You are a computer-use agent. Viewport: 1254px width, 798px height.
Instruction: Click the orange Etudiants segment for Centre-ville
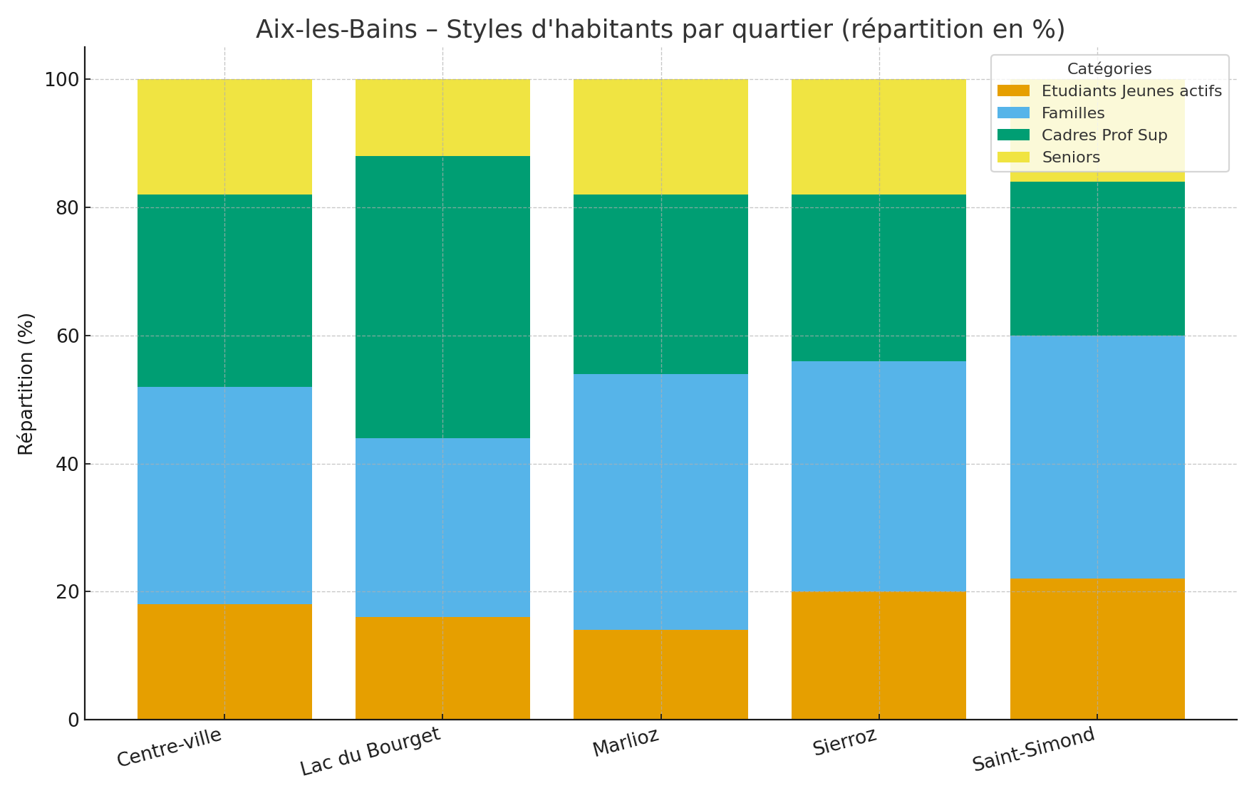224,661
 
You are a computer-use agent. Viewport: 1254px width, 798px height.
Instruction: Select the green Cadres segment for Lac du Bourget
442,296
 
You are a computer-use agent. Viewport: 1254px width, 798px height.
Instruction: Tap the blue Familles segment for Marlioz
660,501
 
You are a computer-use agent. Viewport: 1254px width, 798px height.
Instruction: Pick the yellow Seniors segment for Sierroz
879,137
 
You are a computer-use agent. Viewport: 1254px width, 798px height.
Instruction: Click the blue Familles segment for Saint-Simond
1097,456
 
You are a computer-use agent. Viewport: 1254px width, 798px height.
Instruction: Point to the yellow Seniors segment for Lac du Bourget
442,118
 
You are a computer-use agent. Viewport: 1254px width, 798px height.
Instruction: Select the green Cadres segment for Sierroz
879,277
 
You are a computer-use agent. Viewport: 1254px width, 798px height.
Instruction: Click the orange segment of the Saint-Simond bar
1097,648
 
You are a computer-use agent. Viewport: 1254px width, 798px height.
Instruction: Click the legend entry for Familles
1072,113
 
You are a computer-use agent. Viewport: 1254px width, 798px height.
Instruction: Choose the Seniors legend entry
1070,157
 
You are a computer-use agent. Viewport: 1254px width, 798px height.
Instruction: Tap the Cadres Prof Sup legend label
1104,135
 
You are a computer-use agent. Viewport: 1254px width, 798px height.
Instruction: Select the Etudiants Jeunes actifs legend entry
1131,91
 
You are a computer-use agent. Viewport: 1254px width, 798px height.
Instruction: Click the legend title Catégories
1109,69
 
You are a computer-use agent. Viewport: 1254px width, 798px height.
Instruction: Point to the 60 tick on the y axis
63,336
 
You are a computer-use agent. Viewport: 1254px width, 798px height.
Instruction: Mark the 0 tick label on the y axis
73,720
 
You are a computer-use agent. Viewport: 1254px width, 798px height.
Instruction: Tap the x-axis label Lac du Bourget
370,752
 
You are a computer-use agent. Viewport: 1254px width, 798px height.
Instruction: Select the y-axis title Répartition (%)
26,383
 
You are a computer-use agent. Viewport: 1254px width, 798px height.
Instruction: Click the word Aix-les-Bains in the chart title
336,30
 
